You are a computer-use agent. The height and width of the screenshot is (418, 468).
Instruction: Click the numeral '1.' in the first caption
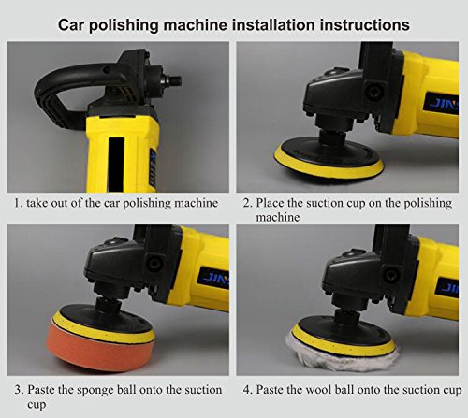pos(19,202)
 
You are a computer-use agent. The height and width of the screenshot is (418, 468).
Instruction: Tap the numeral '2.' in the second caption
pos(248,202)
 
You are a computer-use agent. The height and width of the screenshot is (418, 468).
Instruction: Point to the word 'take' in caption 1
pos(42,202)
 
